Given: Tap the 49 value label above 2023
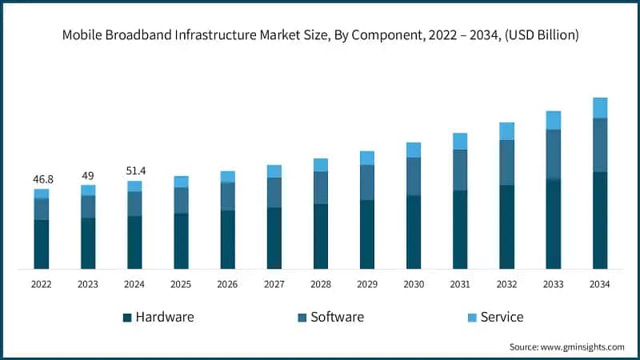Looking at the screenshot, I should (88, 176).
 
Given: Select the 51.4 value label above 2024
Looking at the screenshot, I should (134, 171).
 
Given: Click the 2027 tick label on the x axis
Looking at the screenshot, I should (274, 284).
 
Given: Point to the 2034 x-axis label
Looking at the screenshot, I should (600, 284).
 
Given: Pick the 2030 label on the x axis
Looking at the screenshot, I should (414, 284).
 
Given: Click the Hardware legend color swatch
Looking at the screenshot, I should (127, 318).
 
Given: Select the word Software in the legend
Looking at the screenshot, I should (337, 317).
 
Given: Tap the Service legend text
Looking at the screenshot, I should (502, 317).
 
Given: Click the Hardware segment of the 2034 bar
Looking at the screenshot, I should (600, 220).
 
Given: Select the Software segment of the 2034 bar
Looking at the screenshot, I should (600, 145).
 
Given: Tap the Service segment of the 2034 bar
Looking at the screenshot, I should (600, 108).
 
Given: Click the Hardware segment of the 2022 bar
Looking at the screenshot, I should (41, 244).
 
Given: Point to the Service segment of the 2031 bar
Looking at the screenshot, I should (460, 142).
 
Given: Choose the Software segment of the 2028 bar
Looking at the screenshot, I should (321, 188).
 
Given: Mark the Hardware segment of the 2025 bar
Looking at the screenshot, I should (181, 241).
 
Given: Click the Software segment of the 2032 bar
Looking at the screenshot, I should (506, 162).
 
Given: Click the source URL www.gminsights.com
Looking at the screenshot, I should (582, 346).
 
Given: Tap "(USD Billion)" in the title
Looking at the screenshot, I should (541, 35).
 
